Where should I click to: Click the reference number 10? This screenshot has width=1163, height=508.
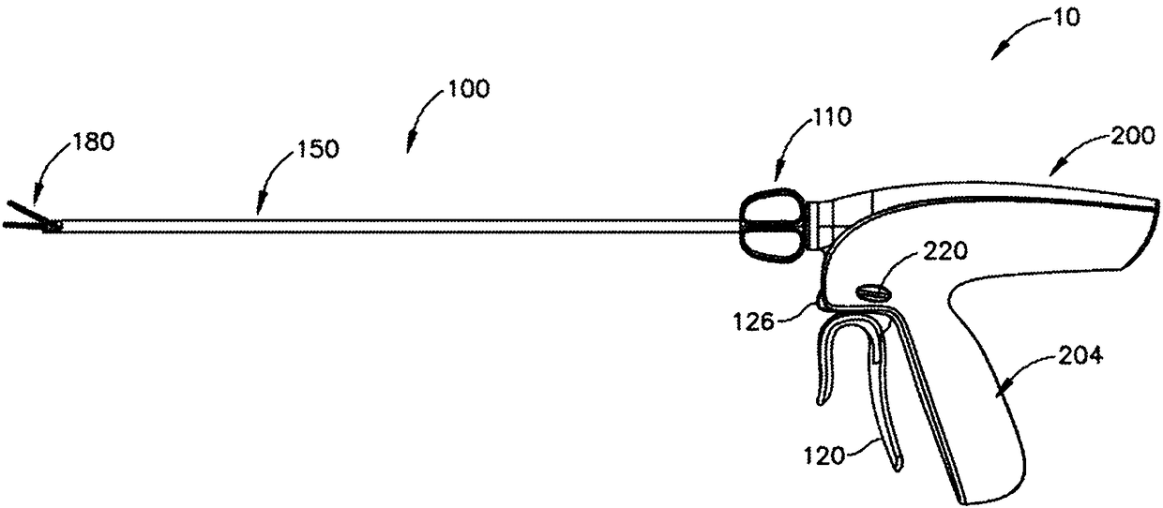[1067, 18]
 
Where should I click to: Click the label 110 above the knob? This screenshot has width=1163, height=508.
[832, 117]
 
